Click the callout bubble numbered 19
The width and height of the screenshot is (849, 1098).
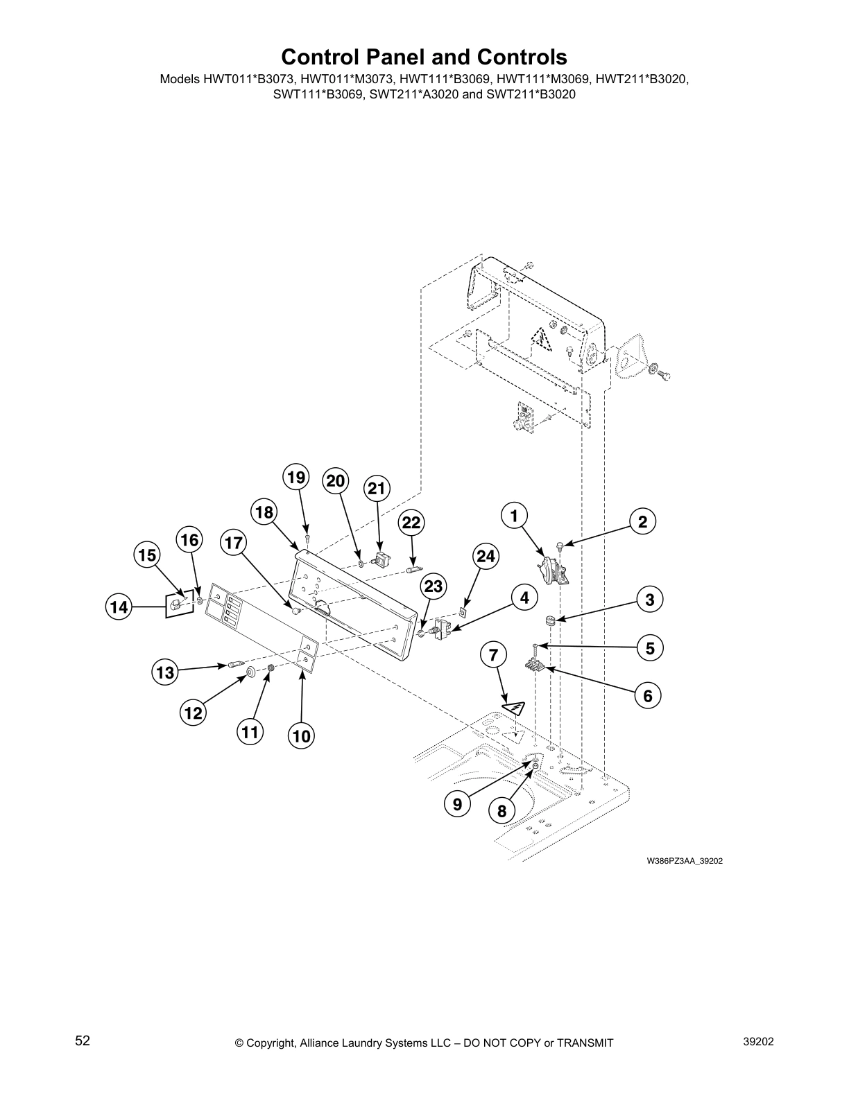pyautogui.click(x=296, y=478)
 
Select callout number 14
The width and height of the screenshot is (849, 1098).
pyautogui.click(x=119, y=608)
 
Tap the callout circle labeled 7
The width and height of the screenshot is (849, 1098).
pyautogui.click(x=493, y=654)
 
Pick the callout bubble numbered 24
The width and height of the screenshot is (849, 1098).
pyautogui.click(x=486, y=556)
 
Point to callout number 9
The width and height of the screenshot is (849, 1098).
pyautogui.click(x=457, y=804)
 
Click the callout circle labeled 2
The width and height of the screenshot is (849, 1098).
pyautogui.click(x=642, y=522)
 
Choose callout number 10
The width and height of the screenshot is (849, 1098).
pyautogui.click(x=302, y=736)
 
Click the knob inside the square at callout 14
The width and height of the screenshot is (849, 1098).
pyautogui.click(x=175, y=606)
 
